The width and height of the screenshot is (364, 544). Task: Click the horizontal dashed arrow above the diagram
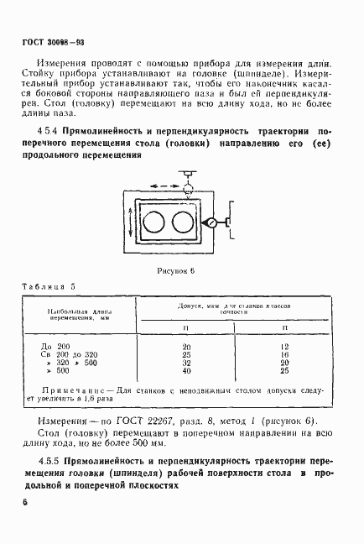pyautogui.click(x=164, y=181)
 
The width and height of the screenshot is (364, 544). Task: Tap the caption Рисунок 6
pyautogui.click(x=174, y=271)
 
